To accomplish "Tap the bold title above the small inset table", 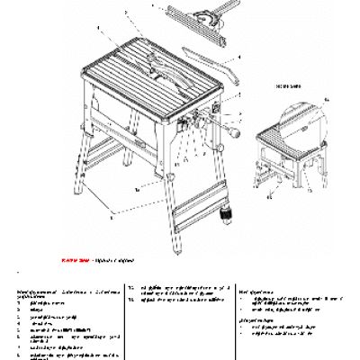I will click(x=297, y=78).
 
